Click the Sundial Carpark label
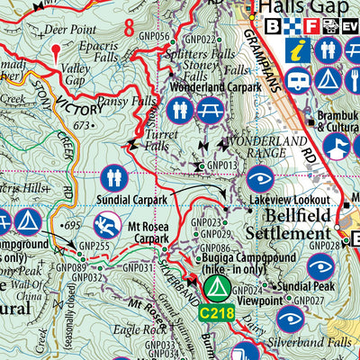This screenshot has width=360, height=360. pyautogui.click(x=111, y=199)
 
